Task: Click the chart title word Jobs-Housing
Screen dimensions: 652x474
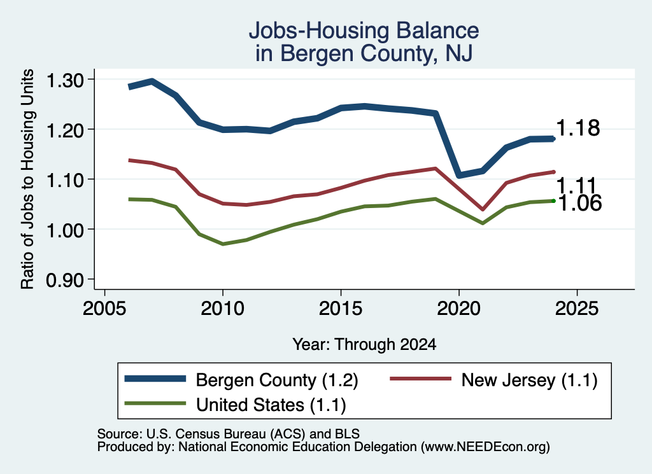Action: tap(319, 31)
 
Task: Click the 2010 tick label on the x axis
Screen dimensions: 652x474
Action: tap(222, 309)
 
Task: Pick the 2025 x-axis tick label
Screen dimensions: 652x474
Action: tap(577, 309)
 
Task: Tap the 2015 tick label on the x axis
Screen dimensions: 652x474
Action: tap(341, 309)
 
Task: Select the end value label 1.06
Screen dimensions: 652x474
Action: tap(579, 203)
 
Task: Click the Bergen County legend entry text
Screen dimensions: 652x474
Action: tap(277, 380)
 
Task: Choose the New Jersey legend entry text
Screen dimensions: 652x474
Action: tap(529, 380)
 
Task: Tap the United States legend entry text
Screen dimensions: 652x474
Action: tap(271, 405)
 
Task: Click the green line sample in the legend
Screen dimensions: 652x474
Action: tap(155, 403)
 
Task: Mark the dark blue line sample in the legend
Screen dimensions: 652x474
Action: tap(155, 379)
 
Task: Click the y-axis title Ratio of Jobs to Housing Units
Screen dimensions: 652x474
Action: tap(27, 179)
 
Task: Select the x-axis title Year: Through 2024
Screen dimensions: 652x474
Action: tap(364, 344)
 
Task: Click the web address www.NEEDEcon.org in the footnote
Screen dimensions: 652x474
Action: tap(485, 447)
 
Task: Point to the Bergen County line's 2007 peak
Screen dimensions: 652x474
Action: tap(152, 81)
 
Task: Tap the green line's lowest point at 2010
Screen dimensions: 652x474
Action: tap(223, 244)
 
